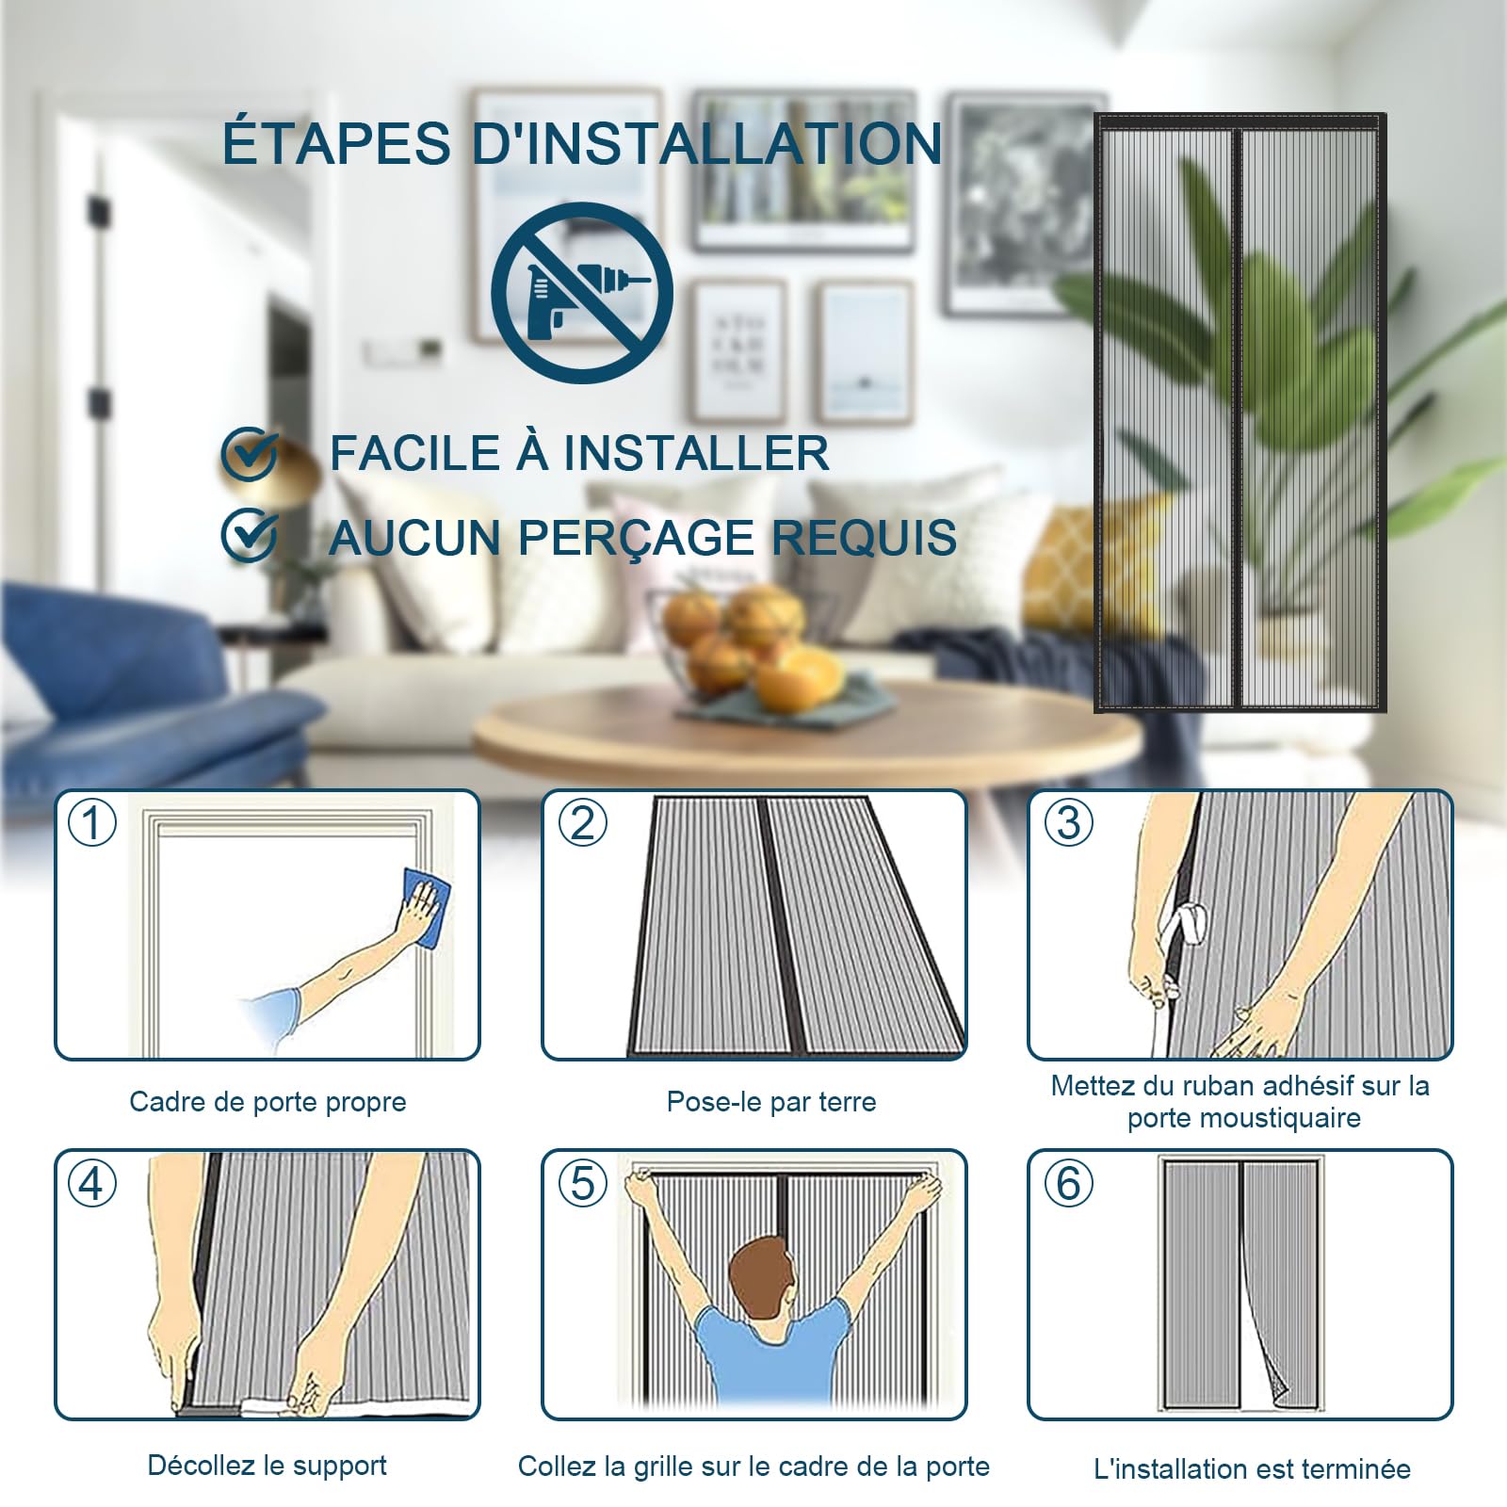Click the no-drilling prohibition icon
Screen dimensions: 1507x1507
tap(582, 293)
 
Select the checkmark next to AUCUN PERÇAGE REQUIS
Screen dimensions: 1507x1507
tap(250, 536)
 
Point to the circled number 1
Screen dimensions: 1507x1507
tap(92, 822)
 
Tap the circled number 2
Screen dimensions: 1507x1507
tap(583, 822)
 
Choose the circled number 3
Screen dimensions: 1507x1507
tap(1069, 822)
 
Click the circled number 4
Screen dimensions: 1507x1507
tap(92, 1183)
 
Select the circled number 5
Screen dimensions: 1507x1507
tap(583, 1183)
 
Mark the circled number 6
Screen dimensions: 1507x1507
tap(1069, 1183)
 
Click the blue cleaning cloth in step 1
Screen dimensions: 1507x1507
tap(427, 908)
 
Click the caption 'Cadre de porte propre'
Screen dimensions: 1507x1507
tap(267, 1102)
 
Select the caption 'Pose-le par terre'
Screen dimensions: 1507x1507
tap(771, 1102)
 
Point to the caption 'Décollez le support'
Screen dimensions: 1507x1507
tap(267, 1466)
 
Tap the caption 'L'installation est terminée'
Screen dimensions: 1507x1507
tap(1253, 1468)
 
